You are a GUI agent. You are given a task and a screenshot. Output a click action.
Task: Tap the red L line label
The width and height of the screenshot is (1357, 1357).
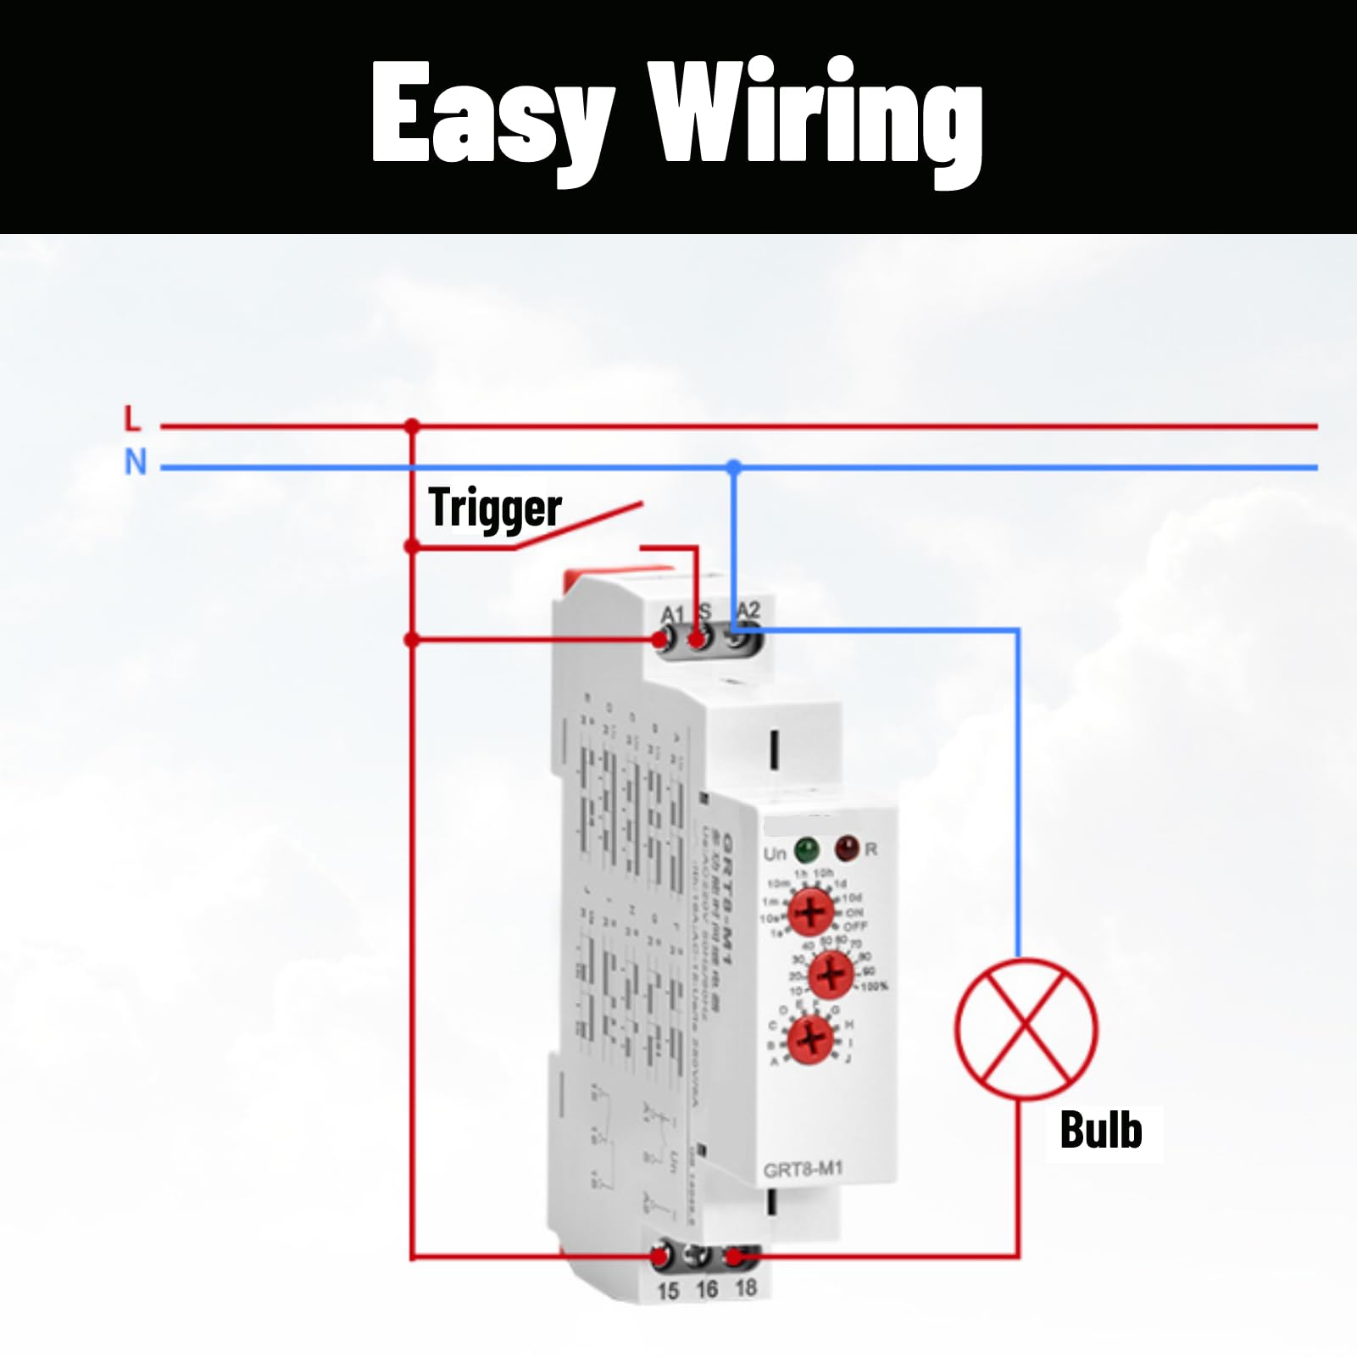tap(132, 419)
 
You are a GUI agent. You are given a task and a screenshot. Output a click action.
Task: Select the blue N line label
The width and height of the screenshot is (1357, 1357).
tap(136, 463)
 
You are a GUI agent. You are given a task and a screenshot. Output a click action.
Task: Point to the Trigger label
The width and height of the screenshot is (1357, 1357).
tap(495, 509)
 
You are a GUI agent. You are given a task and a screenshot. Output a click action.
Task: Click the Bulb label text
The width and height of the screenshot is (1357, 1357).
tap(1101, 1131)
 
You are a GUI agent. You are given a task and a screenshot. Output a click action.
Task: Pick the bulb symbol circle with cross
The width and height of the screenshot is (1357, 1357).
tap(1026, 1028)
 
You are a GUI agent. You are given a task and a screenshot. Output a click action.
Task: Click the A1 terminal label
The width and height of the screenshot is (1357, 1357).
tap(672, 614)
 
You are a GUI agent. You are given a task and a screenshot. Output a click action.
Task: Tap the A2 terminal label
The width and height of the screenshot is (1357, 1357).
tap(748, 609)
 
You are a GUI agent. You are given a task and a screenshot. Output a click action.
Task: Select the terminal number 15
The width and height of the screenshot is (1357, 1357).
tap(668, 1291)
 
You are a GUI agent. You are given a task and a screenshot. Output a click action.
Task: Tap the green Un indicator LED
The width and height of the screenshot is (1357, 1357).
tap(806, 848)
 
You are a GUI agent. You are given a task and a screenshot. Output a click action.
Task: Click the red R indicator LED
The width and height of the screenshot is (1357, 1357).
tap(846, 847)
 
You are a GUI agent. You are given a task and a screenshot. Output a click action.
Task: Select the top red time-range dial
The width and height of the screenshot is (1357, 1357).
tap(811, 911)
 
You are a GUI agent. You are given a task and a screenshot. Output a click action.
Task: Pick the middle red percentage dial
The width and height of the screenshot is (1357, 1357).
tap(831, 974)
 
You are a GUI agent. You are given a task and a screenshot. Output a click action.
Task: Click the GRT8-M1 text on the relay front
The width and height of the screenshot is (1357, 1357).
tap(803, 1170)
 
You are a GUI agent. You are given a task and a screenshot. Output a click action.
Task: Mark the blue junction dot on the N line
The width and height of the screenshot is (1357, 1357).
tap(734, 467)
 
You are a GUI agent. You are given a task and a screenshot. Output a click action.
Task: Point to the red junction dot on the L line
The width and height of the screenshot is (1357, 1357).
tap(412, 425)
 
